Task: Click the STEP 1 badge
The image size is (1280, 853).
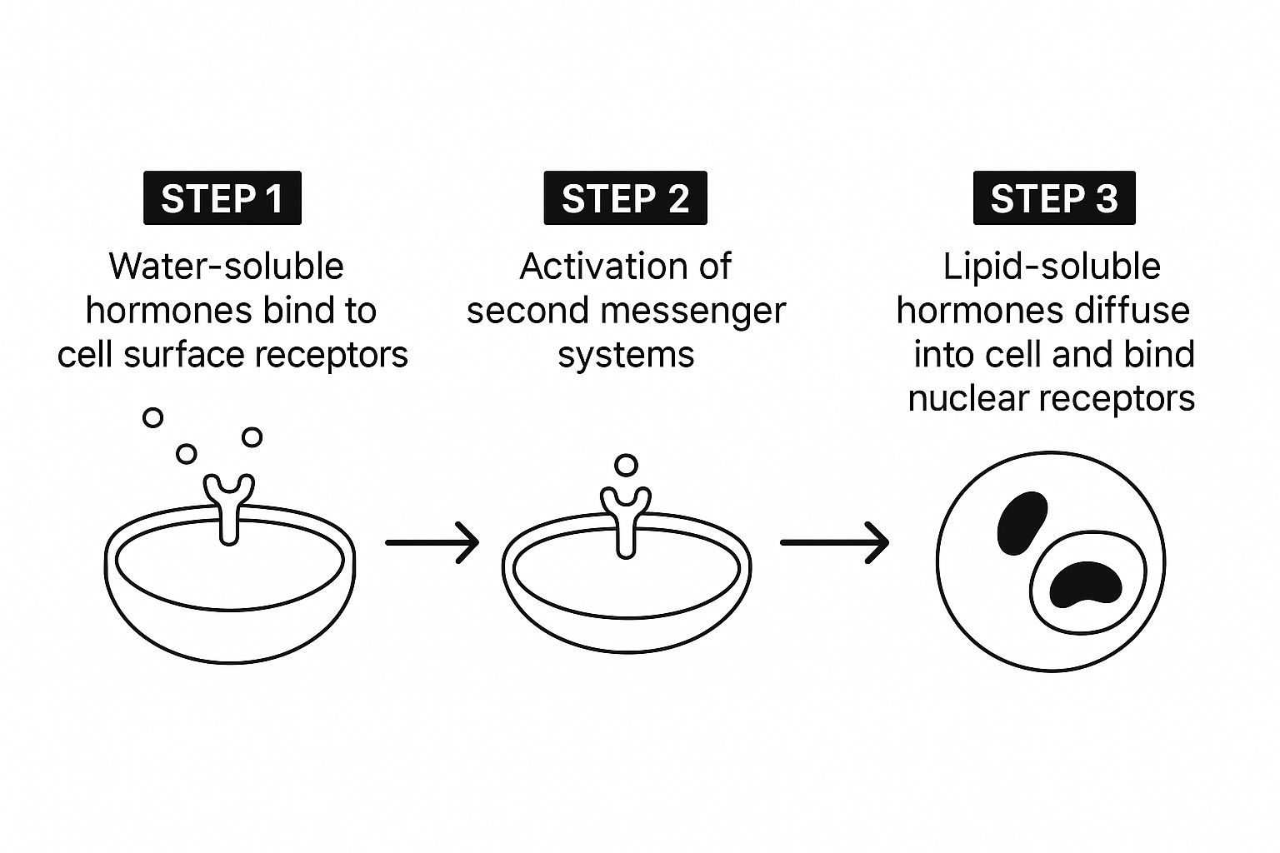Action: point(222,198)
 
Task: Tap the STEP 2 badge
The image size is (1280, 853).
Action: point(625,198)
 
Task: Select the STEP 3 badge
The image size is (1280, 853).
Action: point(1054,198)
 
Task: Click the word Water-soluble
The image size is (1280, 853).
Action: point(226,267)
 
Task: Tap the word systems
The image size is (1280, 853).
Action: point(626,354)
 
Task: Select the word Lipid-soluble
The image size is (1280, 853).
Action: point(1052,267)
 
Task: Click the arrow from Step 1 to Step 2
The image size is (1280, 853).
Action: point(432,542)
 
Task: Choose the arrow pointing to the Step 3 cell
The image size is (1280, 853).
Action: point(834,542)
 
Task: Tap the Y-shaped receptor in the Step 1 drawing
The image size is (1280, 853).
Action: point(229,504)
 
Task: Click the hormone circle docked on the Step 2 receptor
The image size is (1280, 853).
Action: point(626,465)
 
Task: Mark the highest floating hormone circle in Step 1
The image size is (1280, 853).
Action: point(152,417)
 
